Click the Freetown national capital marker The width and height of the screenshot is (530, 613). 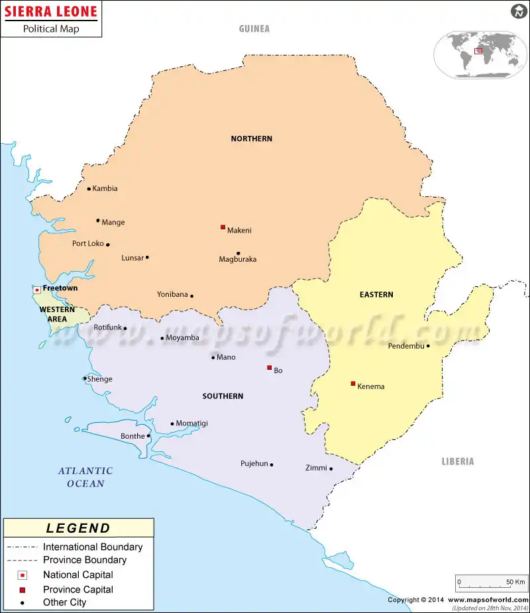(x=37, y=290)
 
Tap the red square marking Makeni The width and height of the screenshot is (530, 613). (x=223, y=227)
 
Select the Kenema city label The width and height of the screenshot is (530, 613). (x=370, y=386)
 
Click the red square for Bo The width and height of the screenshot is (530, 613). (x=269, y=367)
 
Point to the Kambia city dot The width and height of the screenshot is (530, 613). (x=89, y=188)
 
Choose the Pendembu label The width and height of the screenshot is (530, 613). (x=405, y=346)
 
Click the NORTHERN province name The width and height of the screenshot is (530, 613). (x=251, y=139)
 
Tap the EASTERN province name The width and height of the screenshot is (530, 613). (x=376, y=294)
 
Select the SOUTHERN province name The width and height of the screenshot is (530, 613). (x=223, y=396)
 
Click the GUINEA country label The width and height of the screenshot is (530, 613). (x=254, y=28)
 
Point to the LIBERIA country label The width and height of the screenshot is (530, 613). (x=458, y=461)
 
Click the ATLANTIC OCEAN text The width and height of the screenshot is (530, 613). (x=85, y=477)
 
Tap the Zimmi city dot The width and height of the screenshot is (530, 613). (x=331, y=469)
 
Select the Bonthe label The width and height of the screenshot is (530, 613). (x=132, y=436)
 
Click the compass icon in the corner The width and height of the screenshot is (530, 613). (x=518, y=11)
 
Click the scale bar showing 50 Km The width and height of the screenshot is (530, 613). (x=491, y=583)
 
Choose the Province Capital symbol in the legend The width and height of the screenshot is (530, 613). (x=22, y=590)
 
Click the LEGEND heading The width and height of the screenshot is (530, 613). (x=78, y=528)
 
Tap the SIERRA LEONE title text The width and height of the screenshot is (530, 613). (x=50, y=11)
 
